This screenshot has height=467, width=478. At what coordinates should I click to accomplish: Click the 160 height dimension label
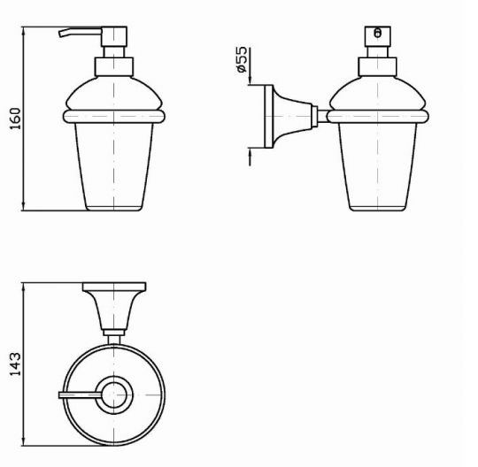click(15, 119)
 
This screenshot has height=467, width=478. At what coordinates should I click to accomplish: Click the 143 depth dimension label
click(15, 364)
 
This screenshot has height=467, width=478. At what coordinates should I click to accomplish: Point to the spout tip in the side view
click(61, 34)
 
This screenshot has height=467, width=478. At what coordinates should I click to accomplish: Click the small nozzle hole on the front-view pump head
click(377, 33)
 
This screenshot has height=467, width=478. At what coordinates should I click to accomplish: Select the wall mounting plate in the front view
click(268, 117)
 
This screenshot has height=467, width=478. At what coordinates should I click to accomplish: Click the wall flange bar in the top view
click(114, 287)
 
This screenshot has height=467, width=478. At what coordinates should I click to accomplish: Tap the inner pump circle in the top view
click(113, 395)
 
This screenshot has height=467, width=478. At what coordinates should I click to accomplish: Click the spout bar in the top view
click(80, 395)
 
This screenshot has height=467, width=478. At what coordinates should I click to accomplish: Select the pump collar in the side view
click(113, 67)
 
